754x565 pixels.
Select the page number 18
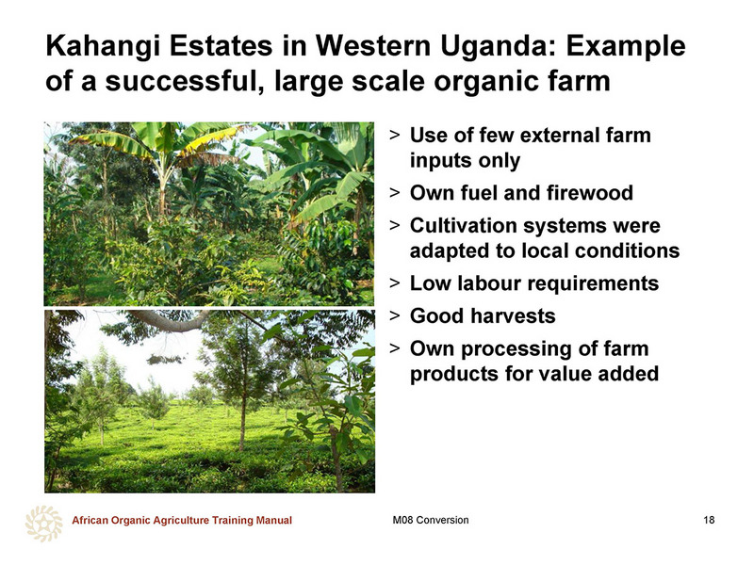click(x=709, y=520)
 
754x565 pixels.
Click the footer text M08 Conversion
click(x=431, y=520)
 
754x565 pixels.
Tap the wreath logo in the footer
click(x=43, y=524)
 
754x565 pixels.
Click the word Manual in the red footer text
click(x=273, y=520)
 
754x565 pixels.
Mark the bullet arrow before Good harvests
click(x=395, y=315)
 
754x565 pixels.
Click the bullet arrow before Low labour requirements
click(x=395, y=283)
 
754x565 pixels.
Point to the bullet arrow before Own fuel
click(x=395, y=193)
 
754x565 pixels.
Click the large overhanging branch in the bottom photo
click(x=169, y=320)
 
